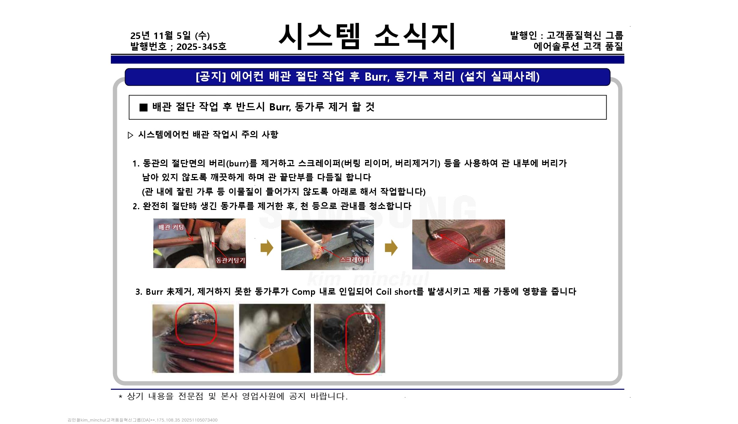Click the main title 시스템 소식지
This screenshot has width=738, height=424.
click(367, 37)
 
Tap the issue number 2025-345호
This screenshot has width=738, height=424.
click(201, 47)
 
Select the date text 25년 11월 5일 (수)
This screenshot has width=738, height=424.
click(170, 36)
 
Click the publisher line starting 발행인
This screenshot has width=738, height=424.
click(567, 35)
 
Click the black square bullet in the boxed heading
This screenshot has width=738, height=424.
click(144, 107)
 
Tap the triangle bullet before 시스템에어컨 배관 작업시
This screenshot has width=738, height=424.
click(130, 135)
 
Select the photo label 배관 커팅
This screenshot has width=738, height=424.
click(171, 227)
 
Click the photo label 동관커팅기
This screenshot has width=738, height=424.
click(231, 260)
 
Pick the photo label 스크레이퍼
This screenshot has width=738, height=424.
click(355, 260)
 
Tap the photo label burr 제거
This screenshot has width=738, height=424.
click(481, 260)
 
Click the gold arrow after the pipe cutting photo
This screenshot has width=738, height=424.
click(267, 248)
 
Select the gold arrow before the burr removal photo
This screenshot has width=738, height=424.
click(391, 248)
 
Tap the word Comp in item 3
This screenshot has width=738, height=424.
click(303, 292)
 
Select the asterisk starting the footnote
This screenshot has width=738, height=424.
click(120, 397)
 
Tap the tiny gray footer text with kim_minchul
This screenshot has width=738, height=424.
click(142, 420)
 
